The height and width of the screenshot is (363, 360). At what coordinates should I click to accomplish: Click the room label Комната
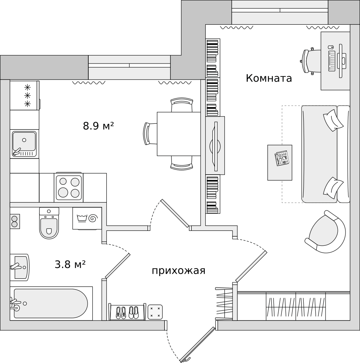[x=269, y=78]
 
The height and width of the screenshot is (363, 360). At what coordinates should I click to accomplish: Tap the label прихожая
[x=179, y=271]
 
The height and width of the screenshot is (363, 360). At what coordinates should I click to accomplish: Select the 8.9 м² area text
[x=98, y=126]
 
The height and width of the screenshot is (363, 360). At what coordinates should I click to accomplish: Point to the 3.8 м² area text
[x=70, y=264]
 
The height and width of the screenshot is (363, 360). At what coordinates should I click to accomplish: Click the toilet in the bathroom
[x=49, y=223]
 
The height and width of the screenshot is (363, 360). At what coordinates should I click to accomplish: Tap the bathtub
[x=51, y=303]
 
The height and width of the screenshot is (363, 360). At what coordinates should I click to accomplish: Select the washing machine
[x=87, y=218]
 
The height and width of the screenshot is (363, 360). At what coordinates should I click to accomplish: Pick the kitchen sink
[x=24, y=144]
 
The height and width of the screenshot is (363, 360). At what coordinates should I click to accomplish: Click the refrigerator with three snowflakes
[x=25, y=95]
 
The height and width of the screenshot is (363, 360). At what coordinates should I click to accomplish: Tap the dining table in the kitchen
[x=179, y=134]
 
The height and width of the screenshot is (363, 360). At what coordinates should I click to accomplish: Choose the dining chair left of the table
[x=150, y=134]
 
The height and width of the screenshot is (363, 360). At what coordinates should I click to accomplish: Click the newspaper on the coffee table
[x=282, y=158]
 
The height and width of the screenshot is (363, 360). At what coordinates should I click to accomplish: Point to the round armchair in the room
[x=325, y=232]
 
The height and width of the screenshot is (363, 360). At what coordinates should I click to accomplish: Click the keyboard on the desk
[x=332, y=61]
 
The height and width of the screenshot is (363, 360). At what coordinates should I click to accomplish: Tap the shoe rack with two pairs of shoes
[x=127, y=312]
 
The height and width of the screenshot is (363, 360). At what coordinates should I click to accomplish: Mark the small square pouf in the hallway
[x=155, y=312]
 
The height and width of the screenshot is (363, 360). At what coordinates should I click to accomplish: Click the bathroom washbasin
[x=20, y=267]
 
